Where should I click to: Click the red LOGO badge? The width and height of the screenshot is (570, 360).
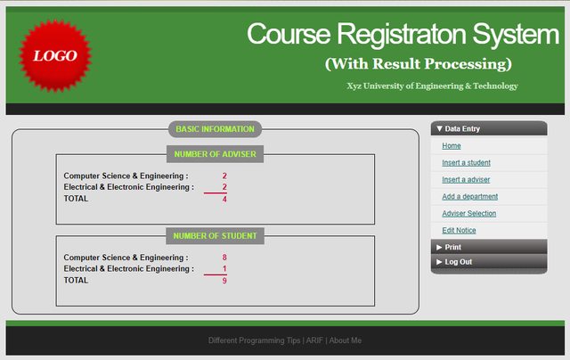point(55,55)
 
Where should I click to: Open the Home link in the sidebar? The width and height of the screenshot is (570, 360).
point(452,146)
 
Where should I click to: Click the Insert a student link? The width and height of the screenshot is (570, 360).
point(466,162)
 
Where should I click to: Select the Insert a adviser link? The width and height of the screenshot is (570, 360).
point(466,180)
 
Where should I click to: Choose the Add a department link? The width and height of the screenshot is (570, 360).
point(469,196)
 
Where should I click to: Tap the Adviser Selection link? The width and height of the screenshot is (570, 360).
point(469,214)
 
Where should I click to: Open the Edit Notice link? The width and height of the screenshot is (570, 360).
point(459,230)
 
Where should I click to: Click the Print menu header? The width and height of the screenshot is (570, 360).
point(489,247)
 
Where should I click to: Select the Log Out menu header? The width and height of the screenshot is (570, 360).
point(489,262)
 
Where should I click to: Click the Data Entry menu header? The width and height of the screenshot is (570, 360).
point(489,128)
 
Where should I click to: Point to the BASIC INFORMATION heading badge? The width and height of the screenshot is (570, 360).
point(215,129)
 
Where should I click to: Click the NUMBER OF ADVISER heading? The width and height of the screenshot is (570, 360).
point(215,154)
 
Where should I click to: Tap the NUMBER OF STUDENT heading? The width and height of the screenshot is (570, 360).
point(215,236)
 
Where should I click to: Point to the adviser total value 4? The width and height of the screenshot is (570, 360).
point(224,199)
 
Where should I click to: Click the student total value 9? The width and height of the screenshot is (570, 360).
point(224,281)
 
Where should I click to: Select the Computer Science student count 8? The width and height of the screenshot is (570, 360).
point(224,258)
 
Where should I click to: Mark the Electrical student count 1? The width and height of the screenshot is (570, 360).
point(224,269)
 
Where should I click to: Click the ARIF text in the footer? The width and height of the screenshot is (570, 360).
point(314,340)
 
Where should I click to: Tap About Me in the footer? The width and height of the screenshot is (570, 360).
point(346,340)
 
